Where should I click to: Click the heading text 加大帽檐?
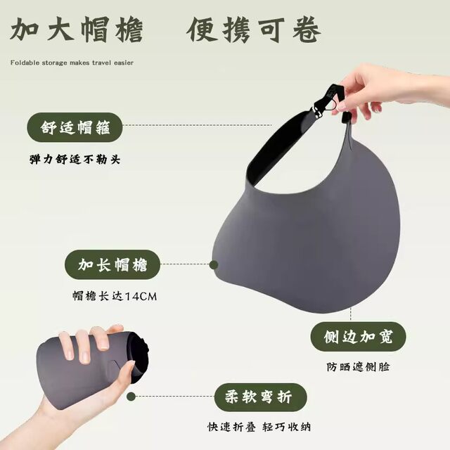coord(77,30)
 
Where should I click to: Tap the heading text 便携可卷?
coord(254,30)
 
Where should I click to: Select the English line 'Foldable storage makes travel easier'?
coord(72,63)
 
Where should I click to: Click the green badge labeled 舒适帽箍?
coord(75,127)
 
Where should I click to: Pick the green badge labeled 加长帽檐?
coord(112,264)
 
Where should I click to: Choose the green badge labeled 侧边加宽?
coord(358,337)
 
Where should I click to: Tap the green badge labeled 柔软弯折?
coord(261,397)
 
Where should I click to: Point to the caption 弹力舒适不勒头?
coord(75,160)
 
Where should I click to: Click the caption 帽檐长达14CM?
coord(115,296)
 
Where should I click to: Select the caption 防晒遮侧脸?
coord(358,367)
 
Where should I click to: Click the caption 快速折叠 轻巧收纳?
coord(259,427)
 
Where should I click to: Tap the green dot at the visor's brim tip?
coord(214,264)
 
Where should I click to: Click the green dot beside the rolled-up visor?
coord(131,397)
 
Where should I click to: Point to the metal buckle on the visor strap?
coord(317,112)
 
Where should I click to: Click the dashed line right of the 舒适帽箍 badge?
coord(198,125)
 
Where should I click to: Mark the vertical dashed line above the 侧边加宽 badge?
coord(351,314)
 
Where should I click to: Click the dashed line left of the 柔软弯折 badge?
coord(175,397)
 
